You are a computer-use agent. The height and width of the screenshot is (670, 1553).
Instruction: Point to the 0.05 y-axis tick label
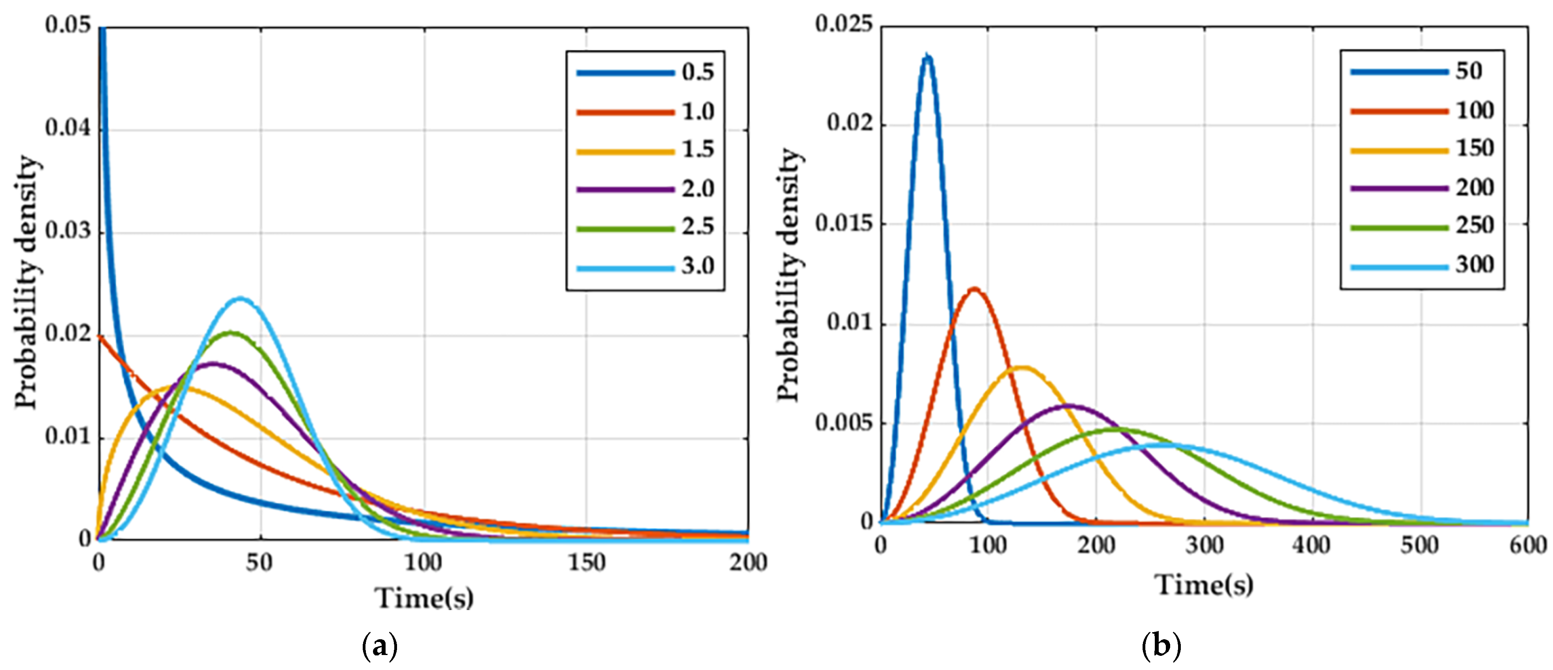click(x=67, y=25)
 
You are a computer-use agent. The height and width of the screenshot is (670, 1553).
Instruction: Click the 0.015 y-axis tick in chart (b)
click(x=843, y=224)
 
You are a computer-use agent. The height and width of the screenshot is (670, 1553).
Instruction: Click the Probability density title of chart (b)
click(x=789, y=274)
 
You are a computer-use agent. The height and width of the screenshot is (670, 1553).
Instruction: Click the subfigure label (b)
click(x=1161, y=646)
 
